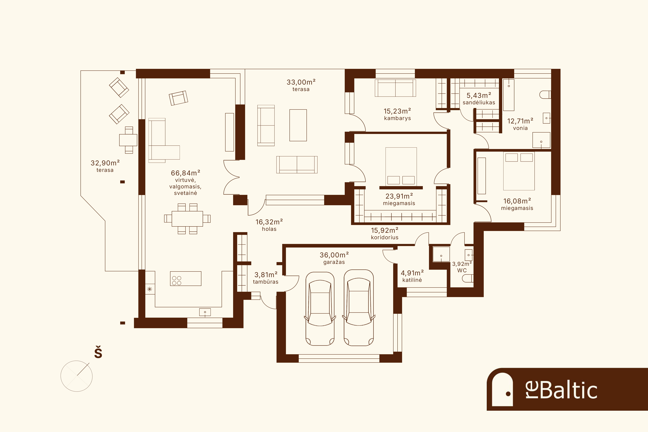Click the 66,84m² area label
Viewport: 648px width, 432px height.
(185, 173)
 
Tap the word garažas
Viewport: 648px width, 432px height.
(334, 262)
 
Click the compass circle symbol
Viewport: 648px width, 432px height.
(77, 376)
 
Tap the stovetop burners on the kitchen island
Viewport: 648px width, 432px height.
(177, 281)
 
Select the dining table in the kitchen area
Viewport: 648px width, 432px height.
(187, 219)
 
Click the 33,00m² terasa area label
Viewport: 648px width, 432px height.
(301, 85)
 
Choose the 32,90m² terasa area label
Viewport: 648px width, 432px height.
(105, 166)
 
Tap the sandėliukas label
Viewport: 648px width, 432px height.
(479, 103)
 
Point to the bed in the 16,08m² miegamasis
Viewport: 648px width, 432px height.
(519, 171)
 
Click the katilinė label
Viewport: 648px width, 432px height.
(412, 280)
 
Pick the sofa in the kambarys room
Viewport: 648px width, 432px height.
(395, 88)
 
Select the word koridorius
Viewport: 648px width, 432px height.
(385, 237)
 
